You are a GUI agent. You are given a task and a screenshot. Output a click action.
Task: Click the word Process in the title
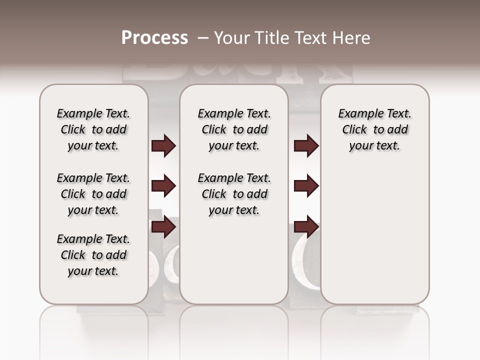point(154,38)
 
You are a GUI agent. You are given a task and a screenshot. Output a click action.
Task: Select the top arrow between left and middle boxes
point(163,146)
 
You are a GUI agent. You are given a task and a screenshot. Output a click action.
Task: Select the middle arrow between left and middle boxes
point(163,186)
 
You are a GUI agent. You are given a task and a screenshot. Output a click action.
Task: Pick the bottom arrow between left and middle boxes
point(163,227)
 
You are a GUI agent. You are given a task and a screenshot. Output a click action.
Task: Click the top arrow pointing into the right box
point(306,146)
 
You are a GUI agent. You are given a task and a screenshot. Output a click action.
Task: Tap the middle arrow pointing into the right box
point(306,186)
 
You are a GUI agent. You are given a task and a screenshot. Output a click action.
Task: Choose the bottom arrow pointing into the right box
point(306,227)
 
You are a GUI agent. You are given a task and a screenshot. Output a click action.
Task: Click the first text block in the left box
point(93,129)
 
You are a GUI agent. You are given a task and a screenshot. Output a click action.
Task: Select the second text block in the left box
point(93,194)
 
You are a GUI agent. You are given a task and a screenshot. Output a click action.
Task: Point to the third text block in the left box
point(93,255)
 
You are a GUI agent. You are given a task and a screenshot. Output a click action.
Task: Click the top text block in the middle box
point(234,129)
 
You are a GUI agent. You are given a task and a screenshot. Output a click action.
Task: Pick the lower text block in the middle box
point(234,194)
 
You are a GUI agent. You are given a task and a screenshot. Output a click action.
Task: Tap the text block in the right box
point(375,129)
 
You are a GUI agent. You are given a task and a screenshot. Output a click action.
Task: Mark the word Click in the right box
point(354,130)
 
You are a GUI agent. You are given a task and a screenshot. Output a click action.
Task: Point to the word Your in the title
point(228,38)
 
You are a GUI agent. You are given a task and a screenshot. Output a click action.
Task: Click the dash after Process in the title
point(203,38)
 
